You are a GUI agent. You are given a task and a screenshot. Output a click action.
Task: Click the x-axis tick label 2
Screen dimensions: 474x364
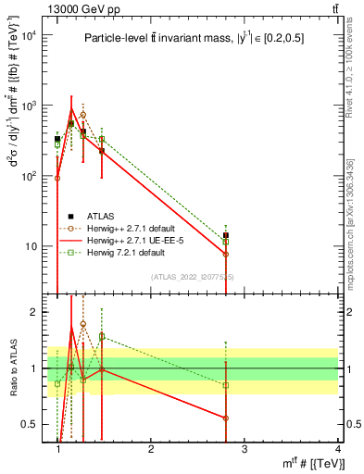coord(152,450)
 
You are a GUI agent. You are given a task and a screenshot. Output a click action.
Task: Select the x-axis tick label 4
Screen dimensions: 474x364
coord(337,450)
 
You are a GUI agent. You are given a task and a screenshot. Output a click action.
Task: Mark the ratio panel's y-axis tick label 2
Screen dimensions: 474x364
coord(36,312)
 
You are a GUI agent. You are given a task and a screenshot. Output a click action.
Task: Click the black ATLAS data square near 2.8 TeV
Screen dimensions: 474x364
coord(226,236)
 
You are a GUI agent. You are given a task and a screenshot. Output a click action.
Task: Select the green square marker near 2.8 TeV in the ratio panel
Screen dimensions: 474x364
coord(226,384)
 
